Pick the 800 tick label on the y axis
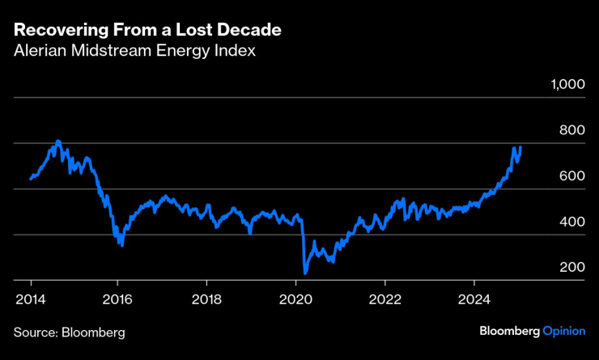571,130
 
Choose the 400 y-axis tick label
571,222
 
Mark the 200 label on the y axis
571,268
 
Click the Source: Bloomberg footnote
69,332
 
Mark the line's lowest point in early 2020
305,273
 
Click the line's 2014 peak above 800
57,142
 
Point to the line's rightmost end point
520,147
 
